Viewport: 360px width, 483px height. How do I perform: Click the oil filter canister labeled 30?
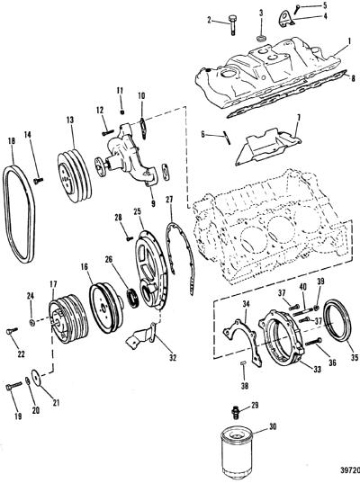[x=237, y=454]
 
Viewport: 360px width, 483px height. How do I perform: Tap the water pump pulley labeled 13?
[x=75, y=176]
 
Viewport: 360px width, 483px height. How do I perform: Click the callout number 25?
[x=137, y=211]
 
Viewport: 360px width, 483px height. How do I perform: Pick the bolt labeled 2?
[x=232, y=24]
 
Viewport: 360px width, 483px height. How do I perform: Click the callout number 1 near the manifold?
[x=349, y=40]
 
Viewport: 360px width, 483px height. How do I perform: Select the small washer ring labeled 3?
[x=261, y=39]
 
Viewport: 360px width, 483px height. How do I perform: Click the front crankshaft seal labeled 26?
[x=133, y=298]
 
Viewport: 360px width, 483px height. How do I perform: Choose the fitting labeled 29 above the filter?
[x=236, y=412]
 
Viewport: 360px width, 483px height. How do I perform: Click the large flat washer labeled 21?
[x=36, y=378]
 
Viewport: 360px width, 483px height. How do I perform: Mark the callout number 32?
[x=173, y=357]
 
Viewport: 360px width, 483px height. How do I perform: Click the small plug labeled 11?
[x=122, y=112]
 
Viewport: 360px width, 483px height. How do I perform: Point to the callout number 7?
[x=298, y=118]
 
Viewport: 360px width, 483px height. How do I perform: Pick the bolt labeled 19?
[x=13, y=386]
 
